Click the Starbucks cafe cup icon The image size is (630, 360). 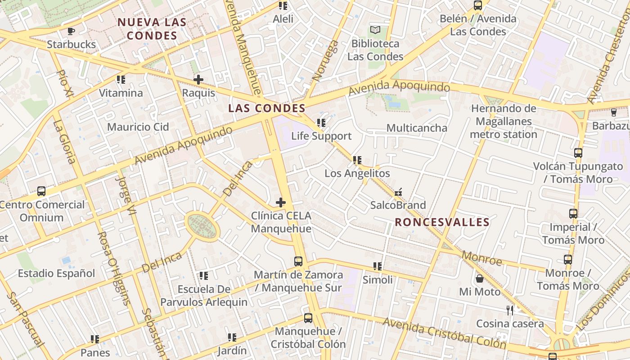pyautogui.click(x=71, y=31)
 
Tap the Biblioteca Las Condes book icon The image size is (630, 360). pyautogui.click(x=375, y=30)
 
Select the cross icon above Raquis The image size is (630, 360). pyautogui.click(x=198, y=80)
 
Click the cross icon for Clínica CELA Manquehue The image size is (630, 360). pyautogui.click(x=281, y=202)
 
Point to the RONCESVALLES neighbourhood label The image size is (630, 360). pyautogui.click(x=442, y=222)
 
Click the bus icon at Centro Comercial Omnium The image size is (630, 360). pyautogui.click(x=41, y=191)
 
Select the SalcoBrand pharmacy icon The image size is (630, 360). pyautogui.click(x=398, y=192)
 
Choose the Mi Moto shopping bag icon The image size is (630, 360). pyautogui.click(x=480, y=279)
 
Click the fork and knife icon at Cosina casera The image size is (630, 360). pyautogui.click(x=510, y=310)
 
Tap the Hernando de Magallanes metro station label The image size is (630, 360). pyautogui.click(x=504, y=121)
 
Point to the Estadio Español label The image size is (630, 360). pyautogui.click(x=56, y=273)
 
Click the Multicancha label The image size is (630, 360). pyautogui.click(x=417, y=128)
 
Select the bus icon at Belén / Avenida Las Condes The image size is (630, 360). pyautogui.click(x=478, y=6)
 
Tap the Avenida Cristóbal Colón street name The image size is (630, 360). pyautogui.click(x=444, y=333)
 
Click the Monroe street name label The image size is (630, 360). pyautogui.click(x=482, y=258)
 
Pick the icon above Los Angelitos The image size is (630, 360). pyautogui.click(x=357, y=160)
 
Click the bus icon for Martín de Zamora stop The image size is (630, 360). pyautogui.click(x=298, y=261)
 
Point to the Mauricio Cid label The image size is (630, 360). pyautogui.click(x=138, y=127)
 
